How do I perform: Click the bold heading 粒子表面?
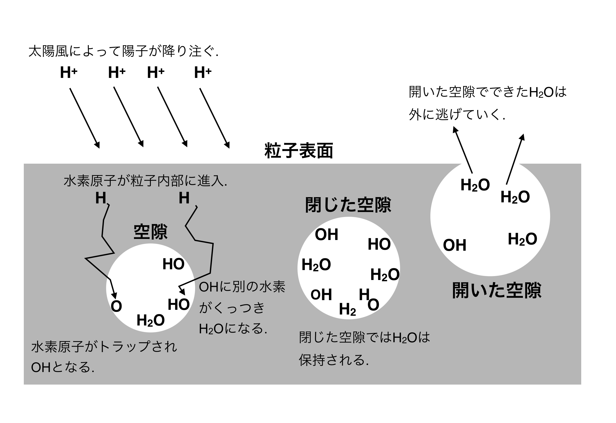click(299, 151)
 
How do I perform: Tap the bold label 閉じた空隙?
click(348, 205)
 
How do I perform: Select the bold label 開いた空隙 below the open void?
click(497, 290)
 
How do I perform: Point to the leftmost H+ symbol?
click(69, 72)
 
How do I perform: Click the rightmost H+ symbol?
click(203, 72)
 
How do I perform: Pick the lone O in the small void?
click(116, 306)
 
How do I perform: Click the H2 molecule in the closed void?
click(347, 309)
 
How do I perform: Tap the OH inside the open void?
click(455, 245)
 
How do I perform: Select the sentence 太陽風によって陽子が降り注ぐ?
click(123, 51)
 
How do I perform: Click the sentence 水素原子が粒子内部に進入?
click(145, 181)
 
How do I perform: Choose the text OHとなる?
click(62, 367)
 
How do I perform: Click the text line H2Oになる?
click(233, 329)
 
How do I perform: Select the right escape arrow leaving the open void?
click(515, 159)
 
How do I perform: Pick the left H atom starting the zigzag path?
click(101, 198)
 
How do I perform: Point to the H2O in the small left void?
click(151, 320)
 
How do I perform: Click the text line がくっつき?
click(232, 308)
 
